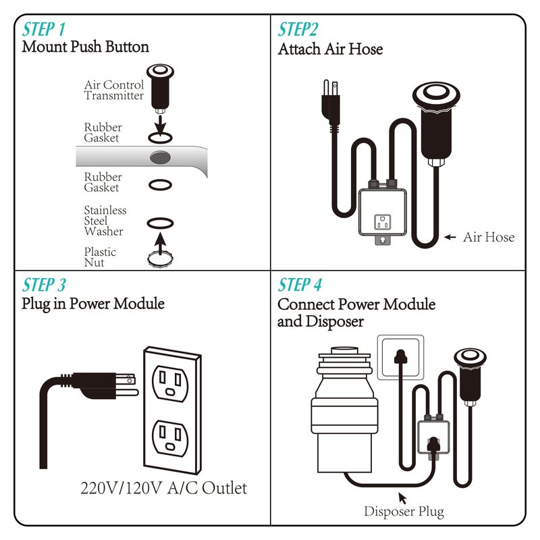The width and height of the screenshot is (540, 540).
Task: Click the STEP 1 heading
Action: pyautogui.click(x=44, y=29)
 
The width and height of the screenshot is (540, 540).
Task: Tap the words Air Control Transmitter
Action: pyautogui.click(x=113, y=90)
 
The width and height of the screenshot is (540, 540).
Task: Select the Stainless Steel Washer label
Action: pyautogui.click(x=105, y=221)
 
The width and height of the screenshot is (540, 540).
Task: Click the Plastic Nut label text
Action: pyautogui.click(x=100, y=257)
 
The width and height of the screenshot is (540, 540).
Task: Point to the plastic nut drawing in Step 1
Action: pyautogui.click(x=160, y=259)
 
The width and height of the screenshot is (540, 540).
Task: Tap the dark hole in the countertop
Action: pyautogui.click(x=160, y=157)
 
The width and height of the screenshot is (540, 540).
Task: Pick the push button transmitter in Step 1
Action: pyautogui.click(x=160, y=88)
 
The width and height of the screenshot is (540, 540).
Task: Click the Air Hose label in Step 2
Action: pyautogui.click(x=489, y=237)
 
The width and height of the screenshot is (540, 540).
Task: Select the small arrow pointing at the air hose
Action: pyautogui.click(x=450, y=237)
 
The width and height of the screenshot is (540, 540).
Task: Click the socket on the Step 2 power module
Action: pyautogui.click(x=383, y=222)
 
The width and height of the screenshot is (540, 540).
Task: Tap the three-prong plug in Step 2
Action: pyautogui.click(x=331, y=103)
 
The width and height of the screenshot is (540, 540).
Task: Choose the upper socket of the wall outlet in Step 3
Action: pyautogui.click(x=170, y=383)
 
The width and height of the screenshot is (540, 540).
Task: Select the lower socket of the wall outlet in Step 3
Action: pyautogui.click(x=171, y=438)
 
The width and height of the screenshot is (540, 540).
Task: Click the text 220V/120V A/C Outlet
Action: pyautogui.click(x=163, y=488)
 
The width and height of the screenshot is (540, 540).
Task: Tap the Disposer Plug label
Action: pyautogui.click(x=404, y=512)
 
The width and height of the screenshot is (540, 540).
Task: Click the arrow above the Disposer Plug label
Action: pyautogui.click(x=402, y=498)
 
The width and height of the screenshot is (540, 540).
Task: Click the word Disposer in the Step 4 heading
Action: pyautogui.click(x=334, y=322)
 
